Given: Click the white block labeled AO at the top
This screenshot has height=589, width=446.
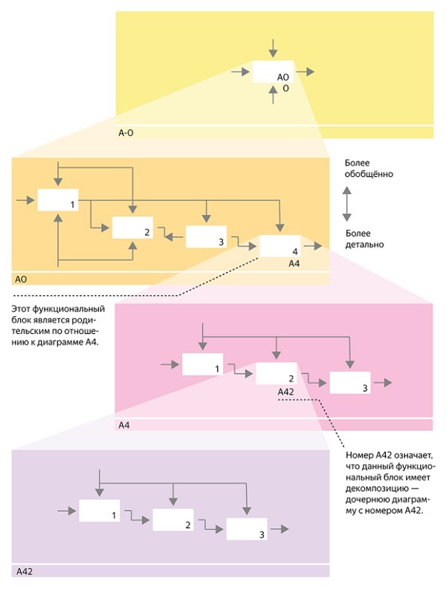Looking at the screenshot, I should pyautogui.click(x=273, y=72).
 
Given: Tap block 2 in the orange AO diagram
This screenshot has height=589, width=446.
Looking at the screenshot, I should pyautogui.click(x=132, y=228).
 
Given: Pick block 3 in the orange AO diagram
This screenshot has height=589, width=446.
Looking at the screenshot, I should pyautogui.click(x=206, y=236).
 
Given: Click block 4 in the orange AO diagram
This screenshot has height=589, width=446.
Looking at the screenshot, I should pyautogui.click(x=279, y=245).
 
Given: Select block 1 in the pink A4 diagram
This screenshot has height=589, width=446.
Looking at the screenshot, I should pyautogui.click(x=202, y=364).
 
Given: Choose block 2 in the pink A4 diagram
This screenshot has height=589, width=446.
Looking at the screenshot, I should pyautogui.click(x=276, y=373).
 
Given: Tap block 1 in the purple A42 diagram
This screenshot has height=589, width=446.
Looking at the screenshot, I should pyautogui.click(x=100, y=511).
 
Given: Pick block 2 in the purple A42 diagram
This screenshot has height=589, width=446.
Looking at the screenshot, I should pyautogui.click(x=173, y=519).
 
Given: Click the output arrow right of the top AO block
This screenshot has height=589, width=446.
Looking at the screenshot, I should pyautogui.click(x=306, y=72).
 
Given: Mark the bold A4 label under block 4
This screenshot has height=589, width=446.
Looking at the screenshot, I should pyautogui.click(x=294, y=263).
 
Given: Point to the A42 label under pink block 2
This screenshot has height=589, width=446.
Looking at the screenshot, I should pyautogui.click(x=285, y=391).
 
